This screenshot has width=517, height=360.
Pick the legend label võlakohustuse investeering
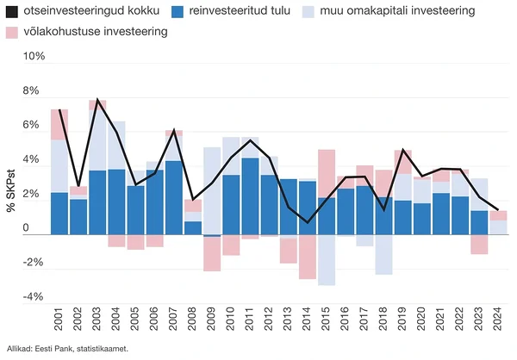94,32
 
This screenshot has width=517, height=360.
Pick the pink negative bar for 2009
212,253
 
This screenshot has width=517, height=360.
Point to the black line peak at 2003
97,100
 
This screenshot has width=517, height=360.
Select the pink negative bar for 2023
478,244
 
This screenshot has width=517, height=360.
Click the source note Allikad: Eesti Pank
66,349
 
